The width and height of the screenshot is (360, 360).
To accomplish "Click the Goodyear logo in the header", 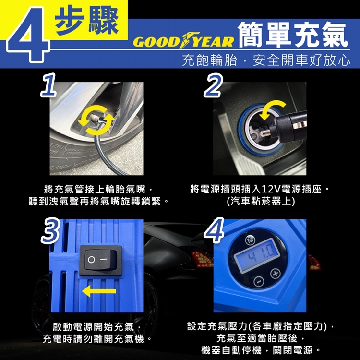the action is (x=183, y=41).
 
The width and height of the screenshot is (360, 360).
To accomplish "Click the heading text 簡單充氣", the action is (x=293, y=35).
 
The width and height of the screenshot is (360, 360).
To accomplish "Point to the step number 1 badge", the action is (x=48, y=85).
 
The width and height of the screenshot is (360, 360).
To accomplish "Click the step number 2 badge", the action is (x=213, y=85).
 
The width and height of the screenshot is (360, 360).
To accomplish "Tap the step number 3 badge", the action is (x=50, y=230).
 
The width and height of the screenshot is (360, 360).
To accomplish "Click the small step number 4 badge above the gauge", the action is (x=214, y=230).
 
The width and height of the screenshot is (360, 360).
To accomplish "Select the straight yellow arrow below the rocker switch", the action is (x=99, y=291).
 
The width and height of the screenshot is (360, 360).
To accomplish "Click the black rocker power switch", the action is (x=101, y=260).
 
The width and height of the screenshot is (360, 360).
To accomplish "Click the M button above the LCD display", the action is (x=250, y=240).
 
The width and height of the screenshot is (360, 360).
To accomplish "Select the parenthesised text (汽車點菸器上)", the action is (x=261, y=201).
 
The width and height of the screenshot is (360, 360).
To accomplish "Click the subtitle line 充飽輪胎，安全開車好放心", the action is (x=266, y=60).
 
